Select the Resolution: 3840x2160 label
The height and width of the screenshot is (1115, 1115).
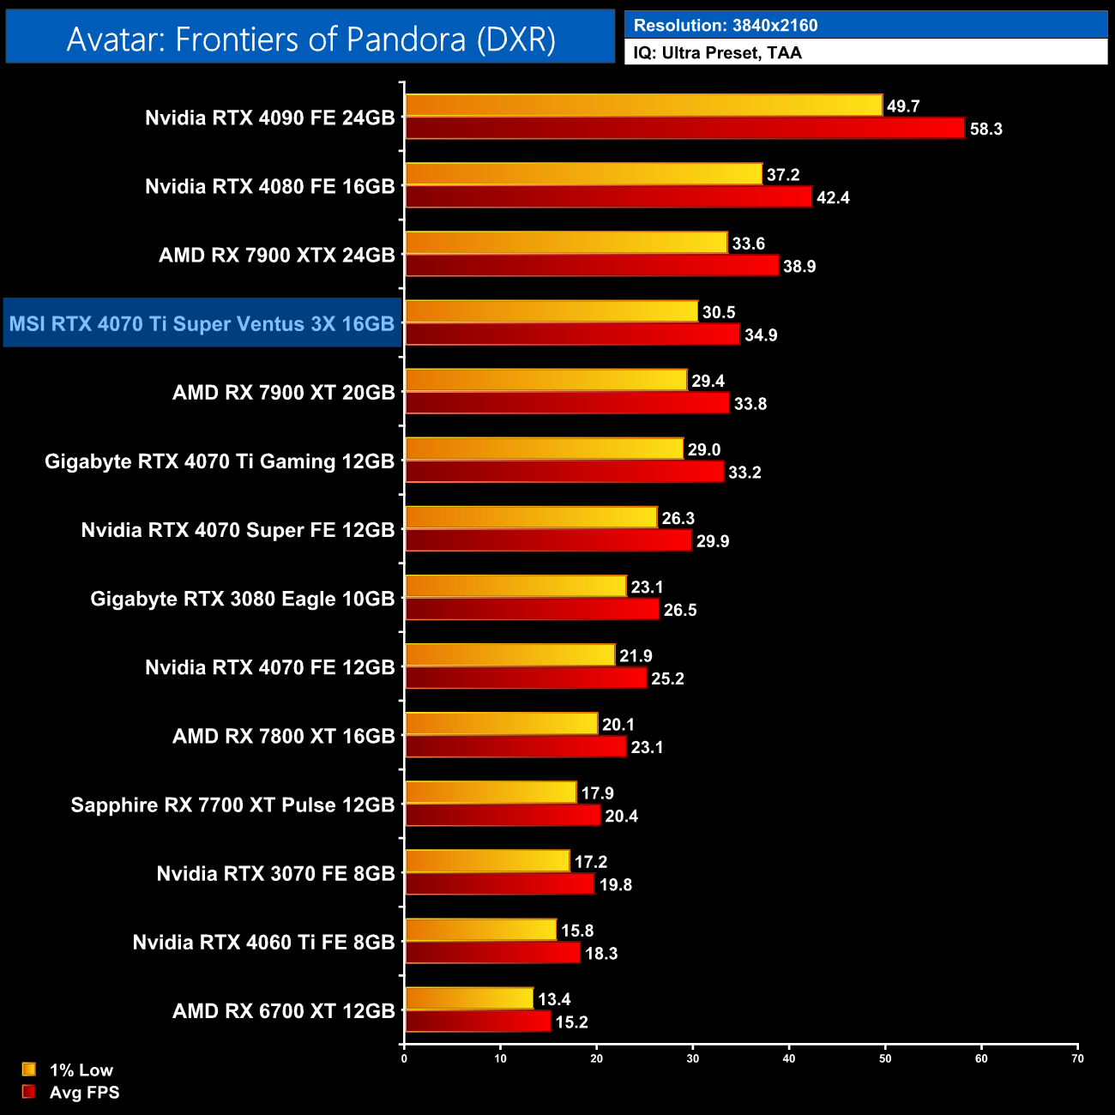[x=726, y=25]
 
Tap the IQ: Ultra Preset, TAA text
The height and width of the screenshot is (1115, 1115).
[x=718, y=53]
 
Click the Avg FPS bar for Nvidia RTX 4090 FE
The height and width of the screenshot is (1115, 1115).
[x=684, y=129]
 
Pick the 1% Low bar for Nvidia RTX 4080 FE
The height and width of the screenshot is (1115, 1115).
[x=583, y=174]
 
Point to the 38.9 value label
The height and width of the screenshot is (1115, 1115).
[x=799, y=267]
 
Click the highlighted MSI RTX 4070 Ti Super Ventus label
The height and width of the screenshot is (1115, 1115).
[x=202, y=324]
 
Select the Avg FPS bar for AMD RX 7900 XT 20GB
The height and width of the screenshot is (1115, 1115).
[x=567, y=403]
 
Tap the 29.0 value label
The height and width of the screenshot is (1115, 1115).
[x=704, y=449]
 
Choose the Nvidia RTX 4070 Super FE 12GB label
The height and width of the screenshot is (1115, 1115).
[x=238, y=530]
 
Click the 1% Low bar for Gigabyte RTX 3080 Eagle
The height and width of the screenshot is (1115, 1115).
[x=515, y=587]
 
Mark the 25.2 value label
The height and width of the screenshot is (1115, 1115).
[x=667, y=678]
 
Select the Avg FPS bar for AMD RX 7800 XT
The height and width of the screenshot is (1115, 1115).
[x=515, y=747]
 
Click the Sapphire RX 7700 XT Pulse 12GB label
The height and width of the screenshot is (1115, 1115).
[x=232, y=805]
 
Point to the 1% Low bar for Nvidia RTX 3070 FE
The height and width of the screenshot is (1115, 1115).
[x=487, y=861]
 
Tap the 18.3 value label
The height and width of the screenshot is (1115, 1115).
[x=601, y=953]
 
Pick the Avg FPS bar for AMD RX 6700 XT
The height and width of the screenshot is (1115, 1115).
[x=478, y=1022]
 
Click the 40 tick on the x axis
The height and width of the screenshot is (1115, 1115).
[x=789, y=1058]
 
